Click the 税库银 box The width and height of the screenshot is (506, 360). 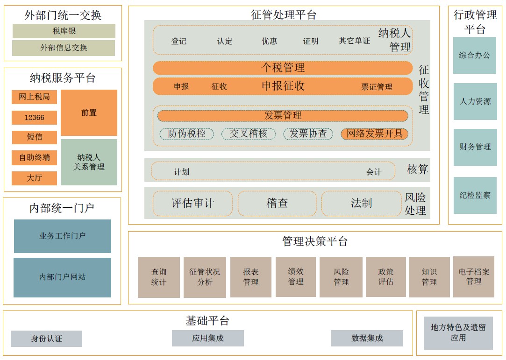pyautogui.click(x=64, y=31)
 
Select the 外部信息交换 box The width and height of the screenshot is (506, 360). pyautogui.click(x=64, y=48)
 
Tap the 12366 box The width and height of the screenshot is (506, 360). pyautogui.click(x=34, y=118)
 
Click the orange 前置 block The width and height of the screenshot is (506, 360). pyautogui.click(x=89, y=113)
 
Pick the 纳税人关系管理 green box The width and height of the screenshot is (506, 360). pyautogui.click(x=89, y=162)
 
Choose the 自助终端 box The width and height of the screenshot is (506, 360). pyautogui.click(x=34, y=158)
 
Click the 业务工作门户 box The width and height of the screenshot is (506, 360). pyautogui.click(x=62, y=236)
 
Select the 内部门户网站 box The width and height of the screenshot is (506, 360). pyautogui.click(x=62, y=277)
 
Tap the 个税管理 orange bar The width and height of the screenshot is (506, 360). pyautogui.click(x=283, y=68)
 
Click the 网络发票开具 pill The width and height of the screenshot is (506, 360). pyautogui.click(x=375, y=134)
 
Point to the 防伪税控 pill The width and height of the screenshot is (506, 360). pyautogui.click(x=187, y=134)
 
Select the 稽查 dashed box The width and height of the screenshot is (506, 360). pyautogui.click(x=277, y=203)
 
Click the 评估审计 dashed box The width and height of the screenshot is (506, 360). pyautogui.click(x=192, y=203)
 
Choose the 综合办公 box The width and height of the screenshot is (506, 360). pyautogui.click(x=474, y=56)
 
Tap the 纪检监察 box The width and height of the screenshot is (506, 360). pyautogui.click(x=475, y=195)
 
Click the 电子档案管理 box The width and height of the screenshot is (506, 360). pyautogui.click(x=473, y=276)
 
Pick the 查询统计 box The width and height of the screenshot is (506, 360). pyautogui.click(x=159, y=277)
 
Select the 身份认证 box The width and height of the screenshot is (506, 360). pyautogui.click(x=46, y=339)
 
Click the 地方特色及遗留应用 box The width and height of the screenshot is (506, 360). pyautogui.click(x=458, y=332)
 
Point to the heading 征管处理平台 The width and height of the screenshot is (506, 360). pyautogui.click(x=283, y=14)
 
